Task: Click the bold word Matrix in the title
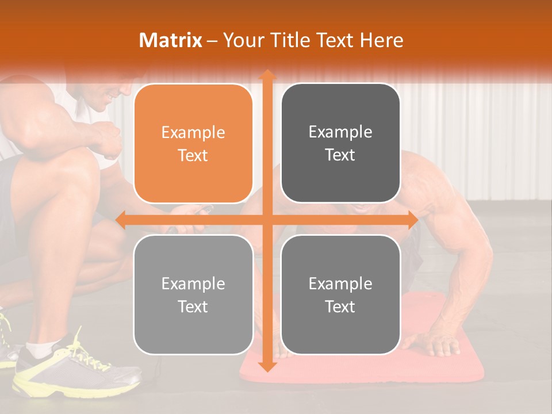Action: point(171,40)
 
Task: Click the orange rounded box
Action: point(193,143)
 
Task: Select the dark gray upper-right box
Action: point(340,143)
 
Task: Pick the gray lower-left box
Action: point(193,294)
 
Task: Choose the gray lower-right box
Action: point(340,294)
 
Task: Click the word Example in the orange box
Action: point(193,133)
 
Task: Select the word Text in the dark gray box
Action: point(340,155)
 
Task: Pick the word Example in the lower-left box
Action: point(193,283)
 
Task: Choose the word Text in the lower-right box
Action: point(340,306)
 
